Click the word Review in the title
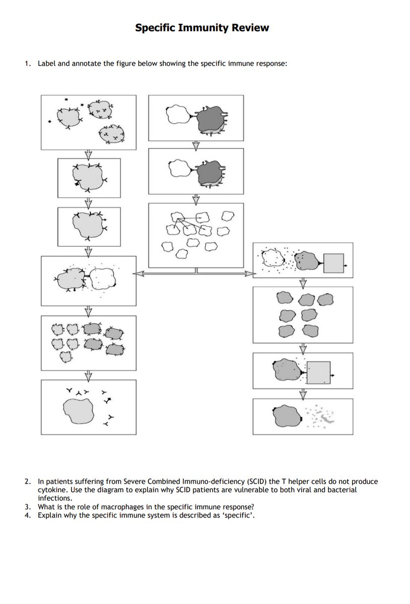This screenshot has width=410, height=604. [250, 28]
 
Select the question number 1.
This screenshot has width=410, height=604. [28, 64]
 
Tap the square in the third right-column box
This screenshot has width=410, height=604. [319, 373]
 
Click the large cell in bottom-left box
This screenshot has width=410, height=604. [79, 409]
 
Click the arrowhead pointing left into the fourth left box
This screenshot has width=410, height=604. [136, 273]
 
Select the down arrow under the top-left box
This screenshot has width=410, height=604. [89, 154]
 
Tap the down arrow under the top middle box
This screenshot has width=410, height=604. [196, 145]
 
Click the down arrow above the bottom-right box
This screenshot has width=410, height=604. [303, 393]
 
